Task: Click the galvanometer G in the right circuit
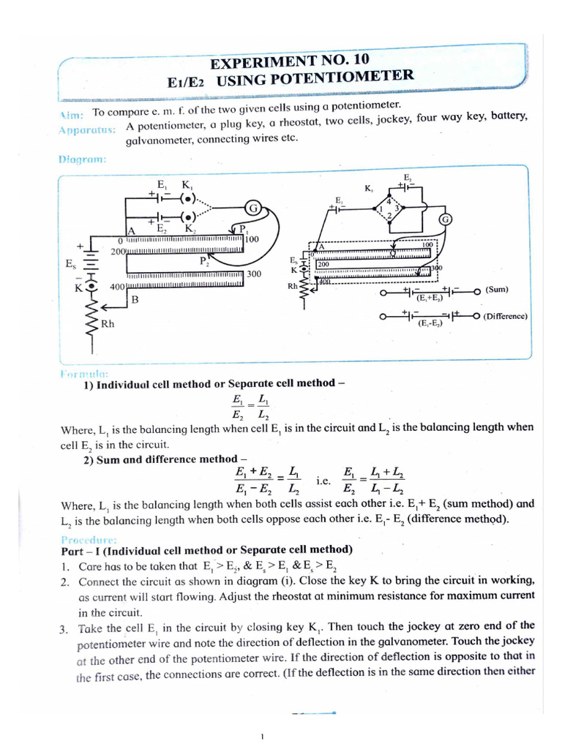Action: coord(445,220)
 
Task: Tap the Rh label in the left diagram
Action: coord(107,323)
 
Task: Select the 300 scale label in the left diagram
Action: coord(254,274)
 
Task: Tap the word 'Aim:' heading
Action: coord(71,115)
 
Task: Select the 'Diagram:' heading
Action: coord(82,159)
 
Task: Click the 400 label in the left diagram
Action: coord(117,287)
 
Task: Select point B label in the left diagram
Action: coord(135,300)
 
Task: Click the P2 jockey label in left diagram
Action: coord(203,260)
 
